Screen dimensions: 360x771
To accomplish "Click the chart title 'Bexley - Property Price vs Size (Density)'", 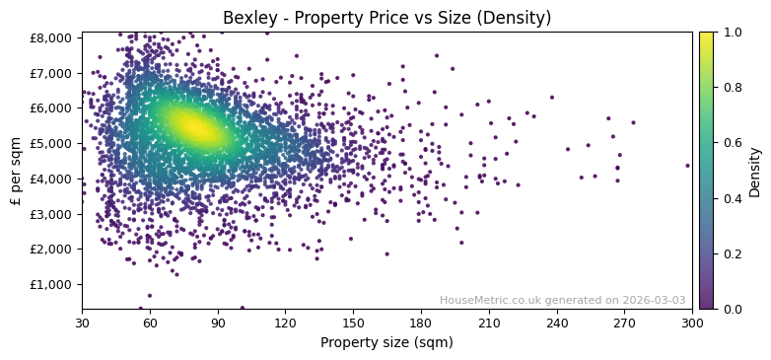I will tap(386, 18).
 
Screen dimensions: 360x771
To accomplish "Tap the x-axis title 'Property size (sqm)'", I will tap(386, 342).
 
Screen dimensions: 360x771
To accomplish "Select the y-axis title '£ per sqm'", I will tap(16, 171).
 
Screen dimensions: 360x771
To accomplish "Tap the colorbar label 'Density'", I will tap(755, 171).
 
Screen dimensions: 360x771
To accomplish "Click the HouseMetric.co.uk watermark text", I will tap(562, 301).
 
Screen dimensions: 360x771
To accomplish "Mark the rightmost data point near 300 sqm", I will tap(687, 166).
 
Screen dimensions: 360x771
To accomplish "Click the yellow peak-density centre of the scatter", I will tap(193, 127).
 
